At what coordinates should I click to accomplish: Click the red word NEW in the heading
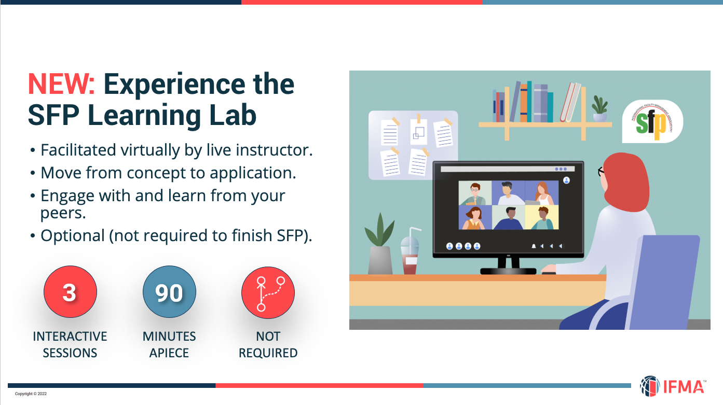coord(61,84)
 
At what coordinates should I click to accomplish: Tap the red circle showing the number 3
coord(70,292)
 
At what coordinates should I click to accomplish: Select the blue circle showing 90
coord(169,292)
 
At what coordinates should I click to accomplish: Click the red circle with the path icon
coord(268,292)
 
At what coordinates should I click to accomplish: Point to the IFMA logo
coord(673,386)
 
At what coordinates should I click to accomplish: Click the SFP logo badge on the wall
coord(652,121)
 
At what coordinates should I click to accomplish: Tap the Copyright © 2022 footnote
coord(31,394)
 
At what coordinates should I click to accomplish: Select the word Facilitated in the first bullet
coord(78,150)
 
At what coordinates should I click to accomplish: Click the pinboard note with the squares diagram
coord(418,132)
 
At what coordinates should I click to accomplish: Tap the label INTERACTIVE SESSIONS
coord(70,345)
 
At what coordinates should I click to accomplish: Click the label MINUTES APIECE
coord(169,345)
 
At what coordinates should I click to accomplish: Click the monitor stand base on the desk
coord(508,271)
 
